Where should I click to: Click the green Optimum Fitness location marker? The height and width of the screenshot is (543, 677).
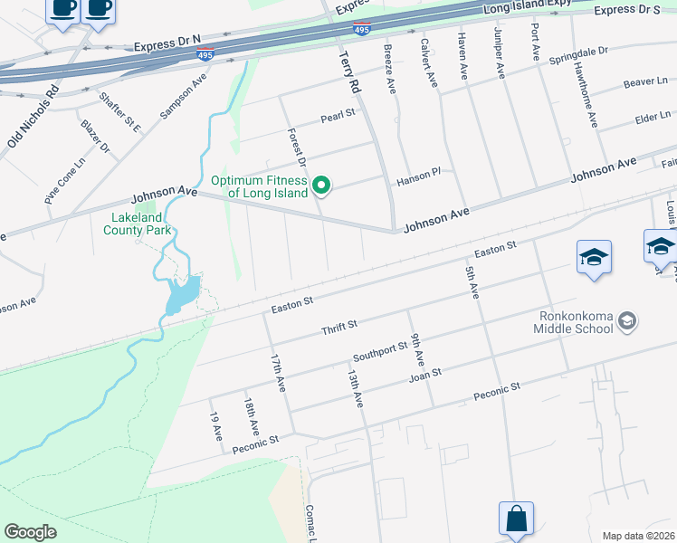point(320,186)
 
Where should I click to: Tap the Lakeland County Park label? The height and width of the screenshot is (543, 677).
point(140,224)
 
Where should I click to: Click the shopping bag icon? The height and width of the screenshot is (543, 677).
point(515,519)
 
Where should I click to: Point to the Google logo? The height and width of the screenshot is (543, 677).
point(30,532)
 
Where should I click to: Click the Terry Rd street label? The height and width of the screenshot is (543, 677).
point(348,72)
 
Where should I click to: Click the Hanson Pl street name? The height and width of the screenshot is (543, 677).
point(417,181)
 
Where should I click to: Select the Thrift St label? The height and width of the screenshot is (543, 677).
point(340,326)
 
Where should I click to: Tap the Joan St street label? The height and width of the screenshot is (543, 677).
point(424,374)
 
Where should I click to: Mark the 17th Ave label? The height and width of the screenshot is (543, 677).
point(277,372)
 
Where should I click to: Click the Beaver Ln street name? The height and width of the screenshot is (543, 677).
point(644,82)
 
